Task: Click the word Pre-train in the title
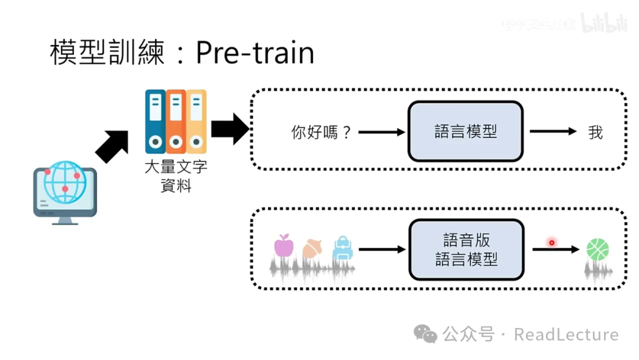254,53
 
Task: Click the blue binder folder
155,121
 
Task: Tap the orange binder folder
176,121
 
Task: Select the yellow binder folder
196,121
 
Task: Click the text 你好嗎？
322,132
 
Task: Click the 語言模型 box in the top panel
466,131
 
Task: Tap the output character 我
595,132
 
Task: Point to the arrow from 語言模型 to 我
553,131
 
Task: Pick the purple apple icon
284,245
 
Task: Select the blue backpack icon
343,249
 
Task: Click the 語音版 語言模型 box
466,249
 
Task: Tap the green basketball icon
598,249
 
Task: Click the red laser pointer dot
551,242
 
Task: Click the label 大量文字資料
176,176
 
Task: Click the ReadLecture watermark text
566,335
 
